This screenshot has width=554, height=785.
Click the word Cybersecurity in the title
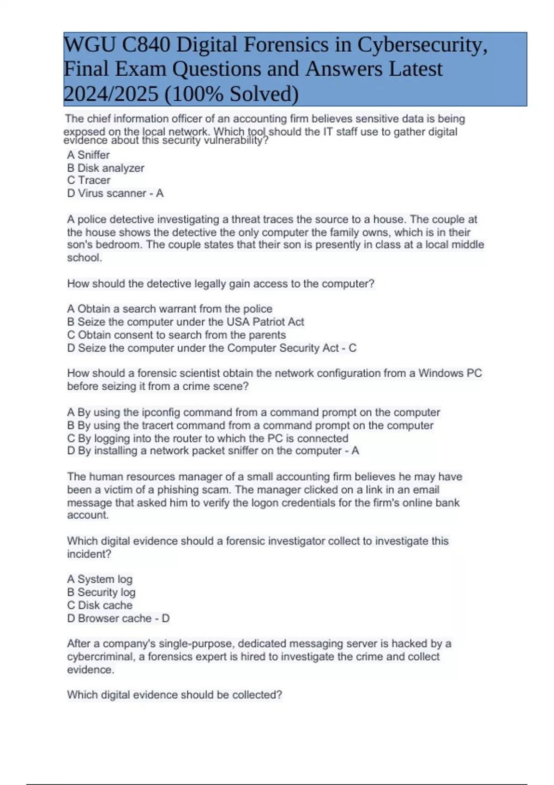pyautogui.click(x=422, y=45)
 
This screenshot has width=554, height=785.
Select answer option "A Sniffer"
pyautogui.click(x=88, y=155)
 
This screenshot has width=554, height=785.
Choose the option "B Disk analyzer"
pyautogui.click(x=105, y=168)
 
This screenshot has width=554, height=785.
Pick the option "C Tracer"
pyautogui.click(x=89, y=181)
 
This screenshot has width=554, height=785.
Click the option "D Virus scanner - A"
pyautogui.click(x=115, y=193)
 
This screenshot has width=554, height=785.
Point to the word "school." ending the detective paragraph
pyautogui.click(x=84, y=258)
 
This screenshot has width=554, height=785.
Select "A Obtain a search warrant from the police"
pyautogui.click(x=169, y=309)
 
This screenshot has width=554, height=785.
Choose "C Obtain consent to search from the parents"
pyautogui.click(x=176, y=335)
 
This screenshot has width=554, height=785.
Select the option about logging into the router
pyautogui.click(x=207, y=438)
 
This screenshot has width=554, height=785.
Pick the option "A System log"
pyautogui.click(x=99, y=580)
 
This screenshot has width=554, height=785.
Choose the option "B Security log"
pyautogui.click(x=101, y=592)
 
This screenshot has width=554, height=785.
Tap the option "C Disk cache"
pyautogui.click(x=99, y=605)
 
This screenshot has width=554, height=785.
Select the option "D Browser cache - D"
pyautogui.click(x=118, y=618)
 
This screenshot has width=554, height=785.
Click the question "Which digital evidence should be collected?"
pyautogui.click(x=174, y=695)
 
